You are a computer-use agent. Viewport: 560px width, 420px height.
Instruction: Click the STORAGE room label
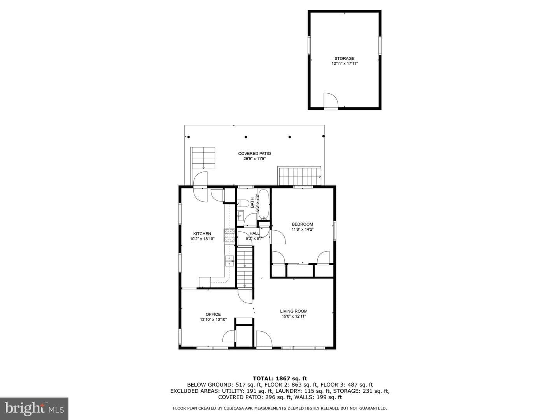coord(344,58)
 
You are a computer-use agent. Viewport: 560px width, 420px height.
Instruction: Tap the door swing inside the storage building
coord(331,100)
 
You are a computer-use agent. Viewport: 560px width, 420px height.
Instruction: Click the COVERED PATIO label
coord(254,154)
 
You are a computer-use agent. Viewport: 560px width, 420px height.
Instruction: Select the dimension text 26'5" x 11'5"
coord(254,159)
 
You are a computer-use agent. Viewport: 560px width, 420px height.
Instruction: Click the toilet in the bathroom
coord(243,203)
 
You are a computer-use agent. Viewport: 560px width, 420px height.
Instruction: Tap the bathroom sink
coord(241,216)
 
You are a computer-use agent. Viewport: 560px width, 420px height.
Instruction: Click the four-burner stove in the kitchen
coord(229,235)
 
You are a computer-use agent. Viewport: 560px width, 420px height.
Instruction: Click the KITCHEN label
coord(202,234)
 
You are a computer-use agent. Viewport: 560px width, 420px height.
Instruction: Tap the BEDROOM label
coord(302,224)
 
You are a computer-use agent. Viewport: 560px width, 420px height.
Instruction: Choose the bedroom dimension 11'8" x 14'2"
coord(302,229)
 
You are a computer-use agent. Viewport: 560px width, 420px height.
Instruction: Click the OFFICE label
coord(213,315)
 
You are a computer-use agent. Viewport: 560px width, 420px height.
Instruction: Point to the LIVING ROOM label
coord(294,311)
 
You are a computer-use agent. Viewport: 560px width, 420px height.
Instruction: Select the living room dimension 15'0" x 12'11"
coord(294,316)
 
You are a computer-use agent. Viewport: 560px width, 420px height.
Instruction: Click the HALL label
coord(254,233)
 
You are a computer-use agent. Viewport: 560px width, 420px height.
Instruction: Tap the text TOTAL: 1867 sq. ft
coord(280,379)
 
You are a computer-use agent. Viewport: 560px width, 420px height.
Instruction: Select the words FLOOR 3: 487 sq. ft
coord(346,385)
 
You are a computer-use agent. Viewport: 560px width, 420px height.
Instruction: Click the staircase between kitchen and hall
coord(245,268)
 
